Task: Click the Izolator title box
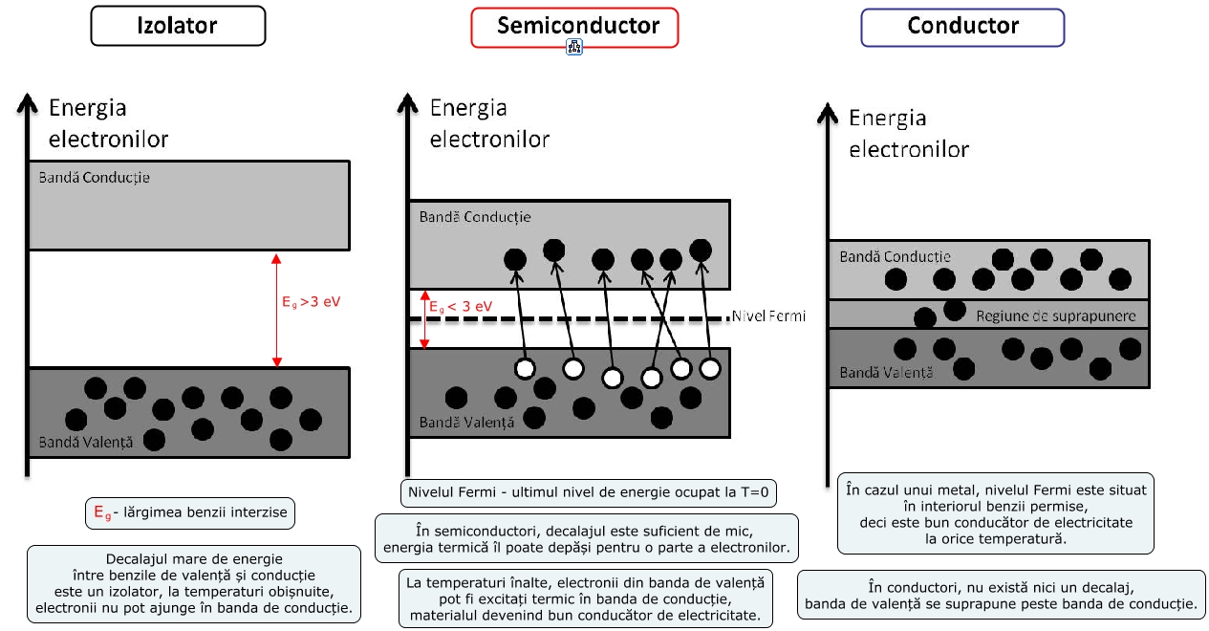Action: click(x=178, y=27)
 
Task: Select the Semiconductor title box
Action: click(x=574, y=27)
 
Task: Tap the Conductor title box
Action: click(x=962, y=27)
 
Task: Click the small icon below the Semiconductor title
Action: click(x=574, y=47)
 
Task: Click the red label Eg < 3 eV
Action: click(x=461, y=307)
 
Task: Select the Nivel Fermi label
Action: click(x=767, y=315)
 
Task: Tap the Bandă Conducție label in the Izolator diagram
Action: click(x=94, y=178)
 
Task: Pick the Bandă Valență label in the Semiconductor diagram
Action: click(x=466, y=422)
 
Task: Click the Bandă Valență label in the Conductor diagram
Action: click(x=886, y=373)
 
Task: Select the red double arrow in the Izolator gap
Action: click(x=277, y=310)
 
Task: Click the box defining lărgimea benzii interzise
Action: click(x=189, y=511)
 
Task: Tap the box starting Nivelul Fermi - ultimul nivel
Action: click(x=588, y=493)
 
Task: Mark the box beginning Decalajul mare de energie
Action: click(x=195, y=583)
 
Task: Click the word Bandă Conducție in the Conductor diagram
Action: click(x=895, y=256)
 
